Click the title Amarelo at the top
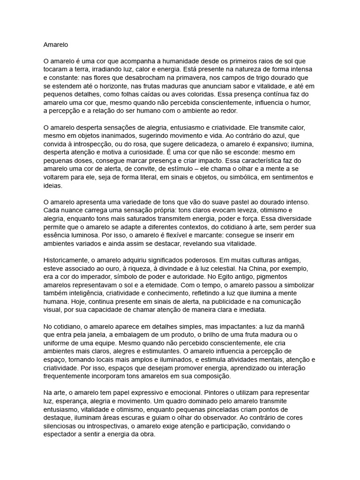56,45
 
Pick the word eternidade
169,284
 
